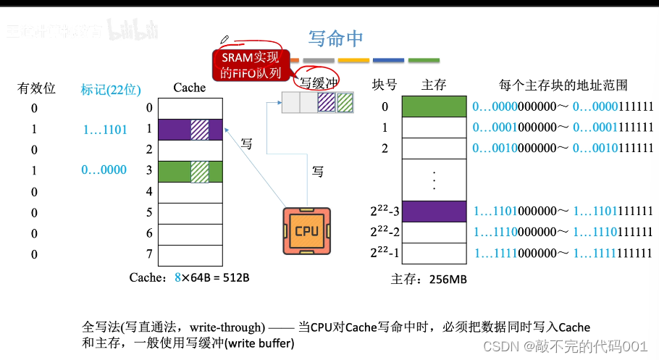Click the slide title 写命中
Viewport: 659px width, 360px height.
click(335, 37)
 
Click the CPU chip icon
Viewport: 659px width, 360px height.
click(306, 231)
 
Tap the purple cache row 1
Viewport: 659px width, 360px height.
click(190, 129)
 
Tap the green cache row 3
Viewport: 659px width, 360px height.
click(190, 171)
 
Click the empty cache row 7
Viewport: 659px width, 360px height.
click(190, 254)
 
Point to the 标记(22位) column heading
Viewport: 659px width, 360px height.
click(111, 89)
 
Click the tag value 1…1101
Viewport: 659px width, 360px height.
click(105, 130)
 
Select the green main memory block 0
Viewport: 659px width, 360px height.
click(433, 106)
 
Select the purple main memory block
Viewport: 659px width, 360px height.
click(433, 211)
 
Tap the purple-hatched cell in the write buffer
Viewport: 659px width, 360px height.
click(327, 103)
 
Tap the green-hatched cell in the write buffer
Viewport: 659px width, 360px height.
click(345, 103)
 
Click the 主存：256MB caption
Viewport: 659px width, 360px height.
click(429, 280)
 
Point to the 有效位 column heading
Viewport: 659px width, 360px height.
click(37, 88)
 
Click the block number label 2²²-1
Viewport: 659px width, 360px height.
click(384, 253)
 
